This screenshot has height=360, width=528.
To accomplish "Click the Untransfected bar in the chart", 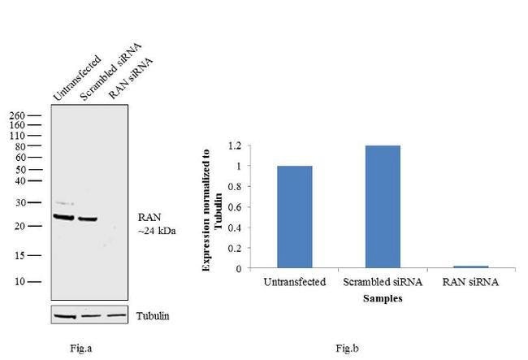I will [294, 217].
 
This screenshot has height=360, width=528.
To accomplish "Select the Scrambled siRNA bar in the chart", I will [383, 206].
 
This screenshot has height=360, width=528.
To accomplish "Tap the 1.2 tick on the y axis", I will [234, 146].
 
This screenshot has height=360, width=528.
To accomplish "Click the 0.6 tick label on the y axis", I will [234, 207].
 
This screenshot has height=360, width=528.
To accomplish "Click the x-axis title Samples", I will [383, 298].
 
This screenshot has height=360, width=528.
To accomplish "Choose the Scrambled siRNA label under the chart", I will [383, 282].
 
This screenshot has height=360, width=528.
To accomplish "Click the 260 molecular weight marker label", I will [16, 116].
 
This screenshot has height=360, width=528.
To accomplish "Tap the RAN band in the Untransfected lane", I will [63, 217].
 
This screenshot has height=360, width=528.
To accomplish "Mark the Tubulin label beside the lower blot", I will [154, 315].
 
